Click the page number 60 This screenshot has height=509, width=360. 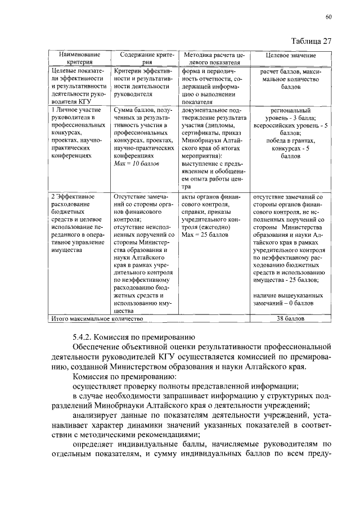click(x=328, y=17)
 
